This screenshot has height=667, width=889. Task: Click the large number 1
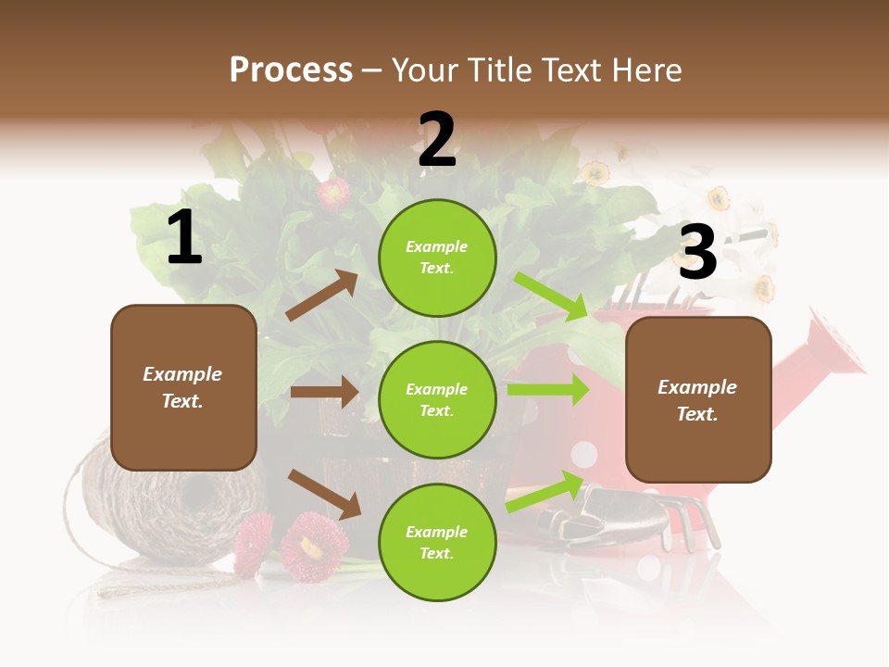click(184, 239)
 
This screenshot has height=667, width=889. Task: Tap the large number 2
click(437, 140)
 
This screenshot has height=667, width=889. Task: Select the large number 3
click(698, 253)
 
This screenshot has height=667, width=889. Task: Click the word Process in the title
click(291, 69)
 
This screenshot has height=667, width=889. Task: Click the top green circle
click(437, 258)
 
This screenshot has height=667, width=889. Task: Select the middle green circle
click(437, 399)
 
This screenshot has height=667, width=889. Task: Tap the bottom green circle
click(437, 542)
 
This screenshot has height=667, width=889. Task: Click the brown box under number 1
click(183, 387)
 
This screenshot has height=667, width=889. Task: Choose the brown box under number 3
click(698, 399)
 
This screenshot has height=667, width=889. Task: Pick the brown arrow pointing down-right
click(324, 494)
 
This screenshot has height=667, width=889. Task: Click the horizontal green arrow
click(547, 390)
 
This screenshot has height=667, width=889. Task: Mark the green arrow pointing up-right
click(545, 492)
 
